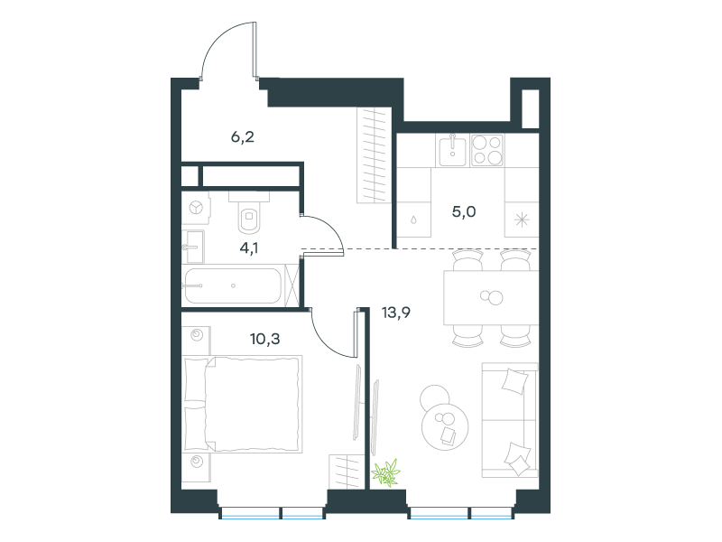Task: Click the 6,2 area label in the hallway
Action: (242, 137)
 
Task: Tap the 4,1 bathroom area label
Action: (249, 248)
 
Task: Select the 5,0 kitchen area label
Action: (464, 212)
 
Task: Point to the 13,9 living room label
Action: (396, 313)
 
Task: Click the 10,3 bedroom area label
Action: (264, 340)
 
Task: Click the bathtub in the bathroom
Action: (233, 285)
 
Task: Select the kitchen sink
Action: (452, 150)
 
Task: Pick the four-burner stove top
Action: (487, 150)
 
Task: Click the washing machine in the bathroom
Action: (197, 209)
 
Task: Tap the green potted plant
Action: (386, 472)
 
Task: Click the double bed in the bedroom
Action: (243, 404)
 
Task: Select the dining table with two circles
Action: (491, 298)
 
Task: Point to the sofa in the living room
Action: (510, 420)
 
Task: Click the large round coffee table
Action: (445, 426)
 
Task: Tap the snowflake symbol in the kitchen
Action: (522, 220)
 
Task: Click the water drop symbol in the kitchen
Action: (414, 220)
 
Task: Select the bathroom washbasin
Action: (193, 247)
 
